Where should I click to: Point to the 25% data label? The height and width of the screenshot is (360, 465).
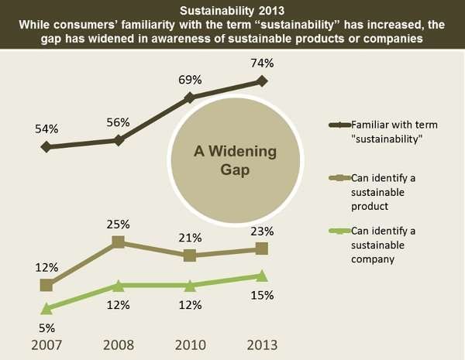point(119,225)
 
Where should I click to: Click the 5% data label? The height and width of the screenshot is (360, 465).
point(46,327)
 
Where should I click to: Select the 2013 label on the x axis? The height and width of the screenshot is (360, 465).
point(261,345)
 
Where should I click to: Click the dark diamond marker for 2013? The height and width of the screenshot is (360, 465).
point(261,81)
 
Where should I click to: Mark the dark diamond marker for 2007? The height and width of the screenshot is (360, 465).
point(46,146)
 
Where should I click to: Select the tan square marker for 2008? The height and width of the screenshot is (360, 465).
point(119,242)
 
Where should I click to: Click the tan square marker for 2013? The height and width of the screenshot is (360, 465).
point(261,249)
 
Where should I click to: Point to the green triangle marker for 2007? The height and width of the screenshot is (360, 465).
point(46,308)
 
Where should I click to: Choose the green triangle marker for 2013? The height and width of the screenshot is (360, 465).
point(261,276)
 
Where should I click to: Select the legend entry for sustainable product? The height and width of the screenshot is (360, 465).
point(380,191)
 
